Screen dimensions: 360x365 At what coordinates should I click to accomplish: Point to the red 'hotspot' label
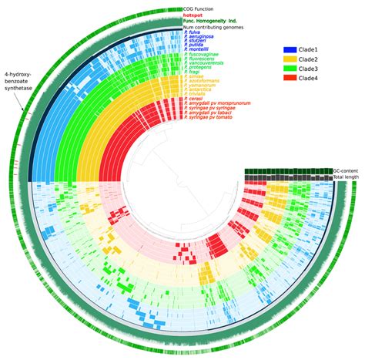(x=194, y=15)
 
